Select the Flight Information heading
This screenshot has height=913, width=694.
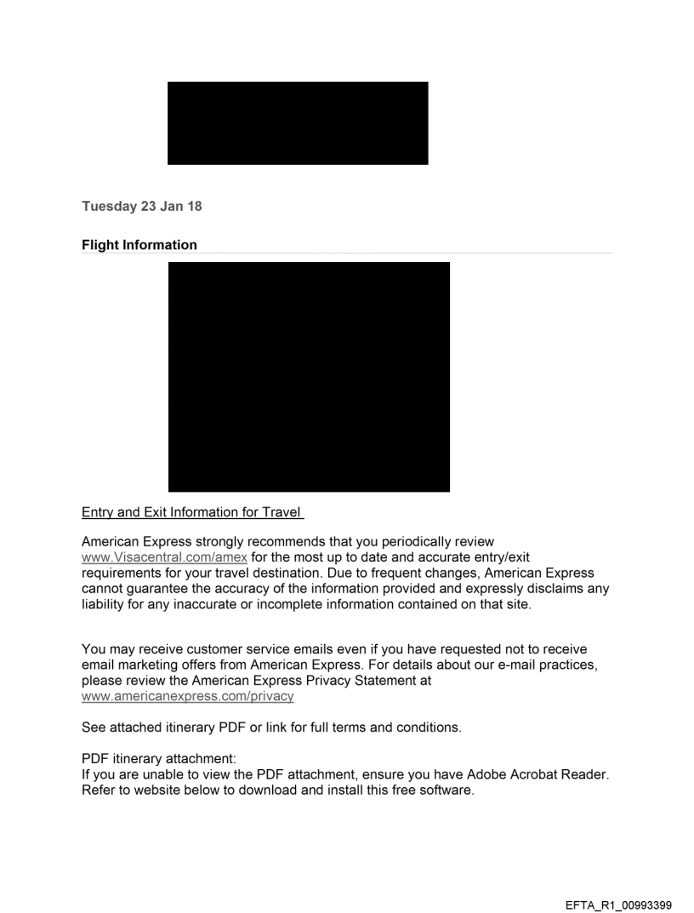[x=139, y=245]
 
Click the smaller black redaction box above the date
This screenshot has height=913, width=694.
[x=298, y=123]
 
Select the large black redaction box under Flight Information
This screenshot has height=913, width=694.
[x=309, y=377]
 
